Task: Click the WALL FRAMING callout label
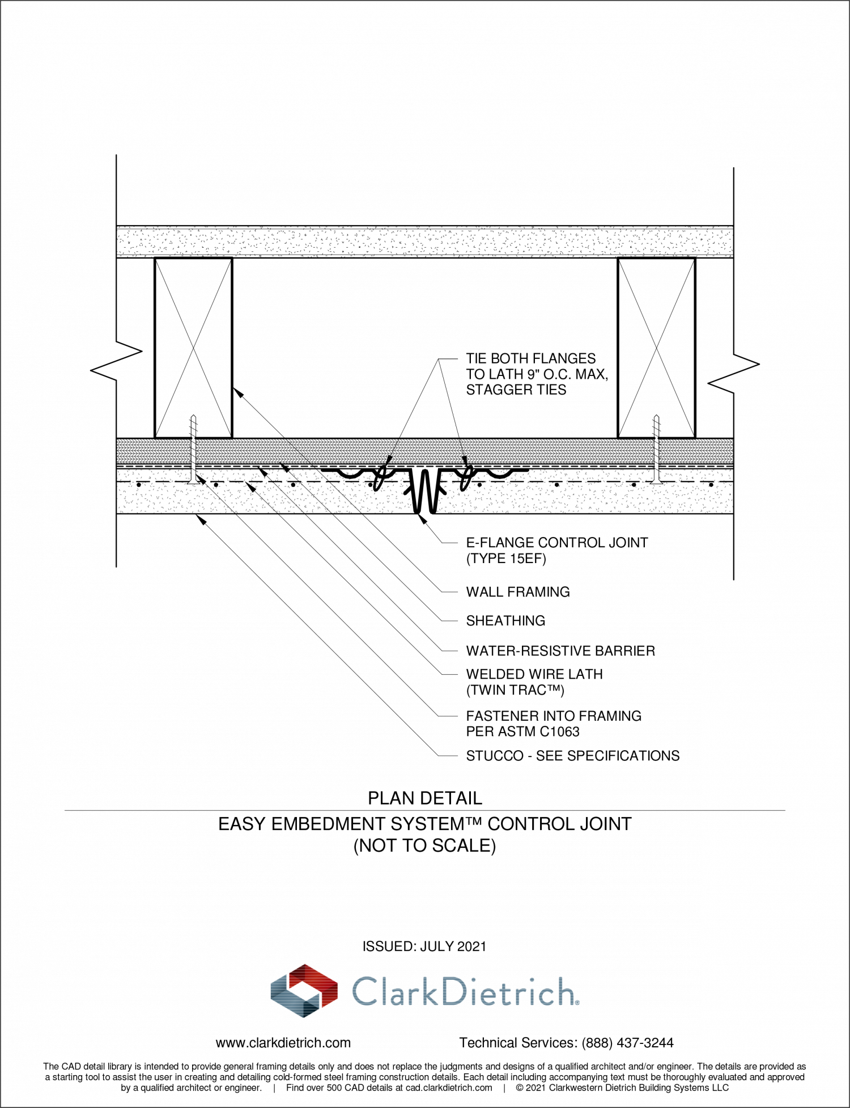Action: click(x=517, y=592)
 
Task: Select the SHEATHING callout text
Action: click(x=505, y=621)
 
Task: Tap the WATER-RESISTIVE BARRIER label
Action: click(x=560, y=651)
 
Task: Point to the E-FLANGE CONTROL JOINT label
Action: click(x=557, y=543)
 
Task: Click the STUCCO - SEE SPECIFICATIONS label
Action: click(x=573, y=756)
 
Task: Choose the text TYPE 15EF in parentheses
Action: click(x=506, y=559)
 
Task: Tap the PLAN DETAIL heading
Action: click(x=425, y=798)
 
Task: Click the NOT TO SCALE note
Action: click(x=425, y=845)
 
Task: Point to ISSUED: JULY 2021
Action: click(x=424, y=946)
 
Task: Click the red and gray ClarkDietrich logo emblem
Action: click(x=304, y=991)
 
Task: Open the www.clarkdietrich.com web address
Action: click(x=283, y=1043)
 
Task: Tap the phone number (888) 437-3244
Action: click(x=628, y=1043)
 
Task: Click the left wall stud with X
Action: click(x=193, y=348)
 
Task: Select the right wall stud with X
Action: click(x=656, y=348)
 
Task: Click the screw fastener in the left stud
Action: click(x=194, y=449)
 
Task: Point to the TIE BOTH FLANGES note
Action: click(x=537, y=374)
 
